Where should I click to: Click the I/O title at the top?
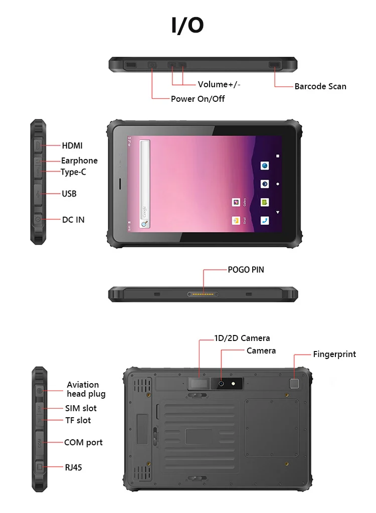click(187, 25)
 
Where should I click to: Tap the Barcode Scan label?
click(320, 86)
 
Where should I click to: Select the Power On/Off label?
click(198, 99)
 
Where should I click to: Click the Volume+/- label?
click(219, 84)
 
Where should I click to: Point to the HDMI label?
click(72, 146)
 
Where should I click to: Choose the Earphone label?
click(79, 160)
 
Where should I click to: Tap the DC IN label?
click(73, 220)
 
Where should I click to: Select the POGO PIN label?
click(246, 269)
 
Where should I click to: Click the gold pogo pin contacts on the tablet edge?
click(203, 294)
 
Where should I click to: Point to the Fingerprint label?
click(334, 354)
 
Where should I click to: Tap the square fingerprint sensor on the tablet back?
click(294, 384)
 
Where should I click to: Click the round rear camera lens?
click(221, 384)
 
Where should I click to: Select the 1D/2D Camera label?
click(242, 338)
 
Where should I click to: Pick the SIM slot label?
click(81, 408)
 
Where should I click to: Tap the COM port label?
click(83, 442)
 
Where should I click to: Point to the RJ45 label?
click(73, 467)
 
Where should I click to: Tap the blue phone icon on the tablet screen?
click(265, 220)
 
